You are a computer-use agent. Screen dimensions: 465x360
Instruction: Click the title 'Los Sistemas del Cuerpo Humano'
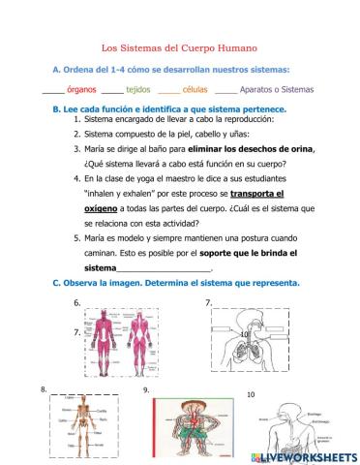point(179,46)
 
